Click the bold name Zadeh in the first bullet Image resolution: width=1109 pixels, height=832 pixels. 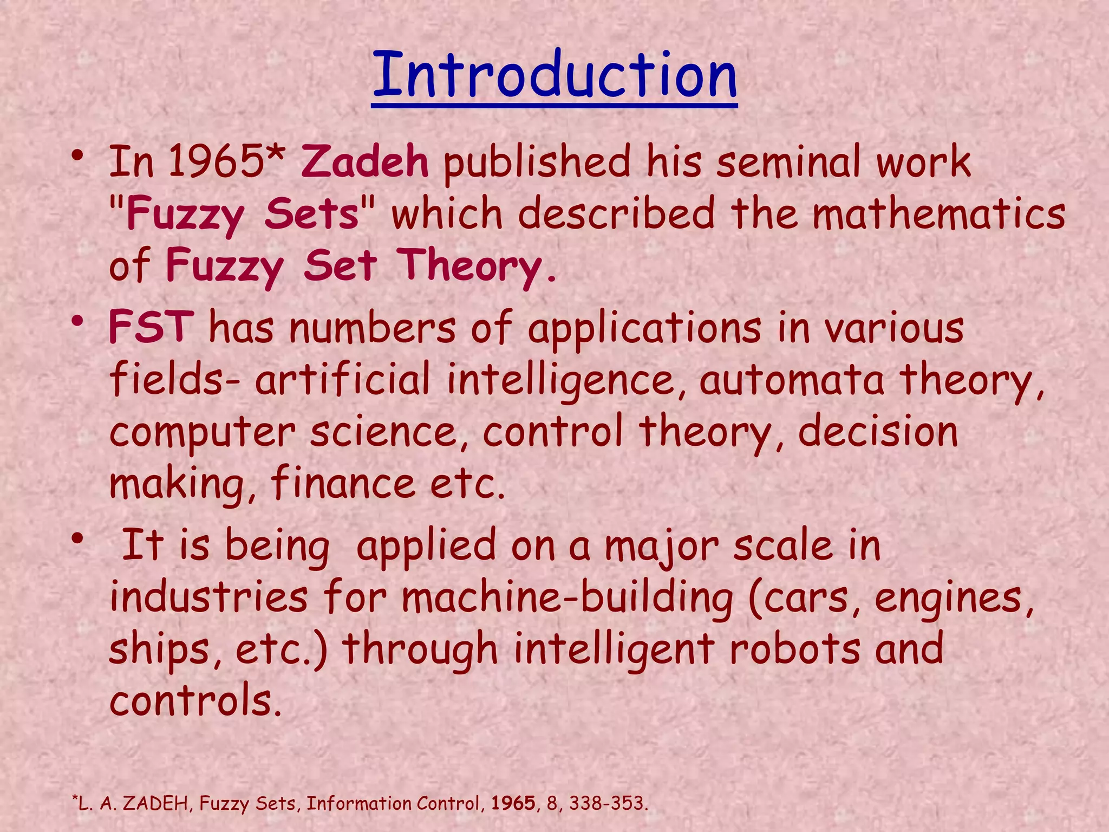tap(364, 162)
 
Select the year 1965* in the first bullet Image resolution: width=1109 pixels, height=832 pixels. tap(226, 162)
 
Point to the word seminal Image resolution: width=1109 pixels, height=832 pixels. tap(787, 162)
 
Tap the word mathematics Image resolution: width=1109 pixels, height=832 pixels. tap(939, 214)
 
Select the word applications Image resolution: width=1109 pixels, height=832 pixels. tap(645, 328)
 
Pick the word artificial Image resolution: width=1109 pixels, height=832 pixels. tap(342, 379)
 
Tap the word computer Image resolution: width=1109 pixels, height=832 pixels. tap(202, 433)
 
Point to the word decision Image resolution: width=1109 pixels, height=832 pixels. tap(878, 432)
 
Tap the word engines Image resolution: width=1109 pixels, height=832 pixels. tap(954, 599)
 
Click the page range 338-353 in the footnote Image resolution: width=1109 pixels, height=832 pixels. tap(605, 803)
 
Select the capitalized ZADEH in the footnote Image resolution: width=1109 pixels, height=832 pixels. tap(155, 803)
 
